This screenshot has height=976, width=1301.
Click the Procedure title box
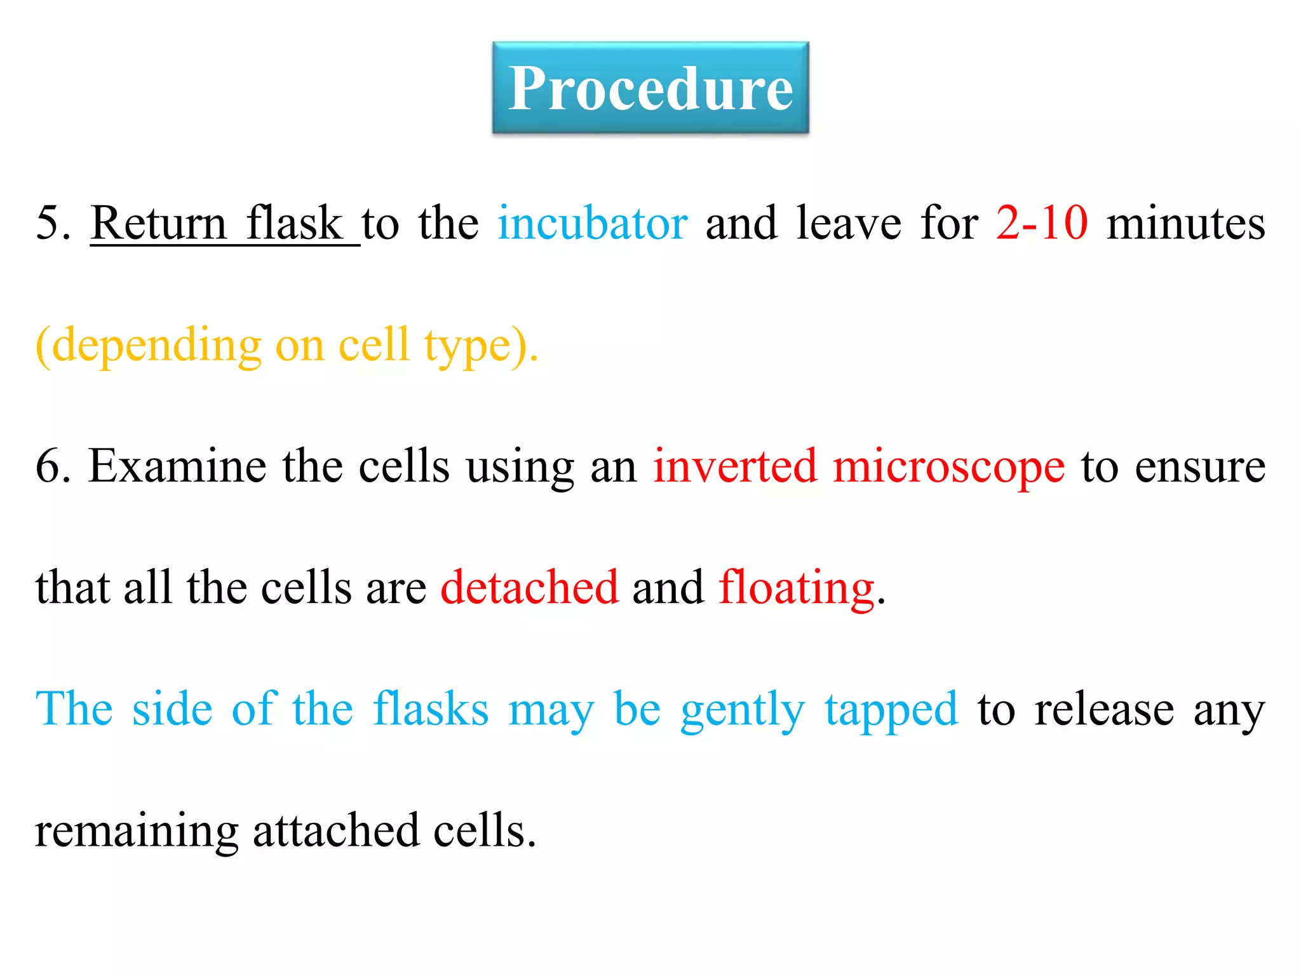[650, 88]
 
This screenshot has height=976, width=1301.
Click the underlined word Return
[158, 224]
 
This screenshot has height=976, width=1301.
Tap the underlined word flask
[294, 224]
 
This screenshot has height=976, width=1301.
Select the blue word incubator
[592, 224]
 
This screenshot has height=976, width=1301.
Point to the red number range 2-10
[1042, 224]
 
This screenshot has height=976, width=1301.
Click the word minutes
[1185, 224]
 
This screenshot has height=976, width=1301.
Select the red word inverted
[735, 467]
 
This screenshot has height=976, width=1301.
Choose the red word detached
[529, 588]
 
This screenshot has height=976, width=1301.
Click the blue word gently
[743, 710]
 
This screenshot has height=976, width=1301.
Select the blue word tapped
[891, 710]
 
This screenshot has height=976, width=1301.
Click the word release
[1104, 709]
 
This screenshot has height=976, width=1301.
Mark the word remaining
[137, 832]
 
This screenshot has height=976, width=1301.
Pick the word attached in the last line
[336, 830]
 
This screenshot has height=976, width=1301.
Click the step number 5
[48, 224]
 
